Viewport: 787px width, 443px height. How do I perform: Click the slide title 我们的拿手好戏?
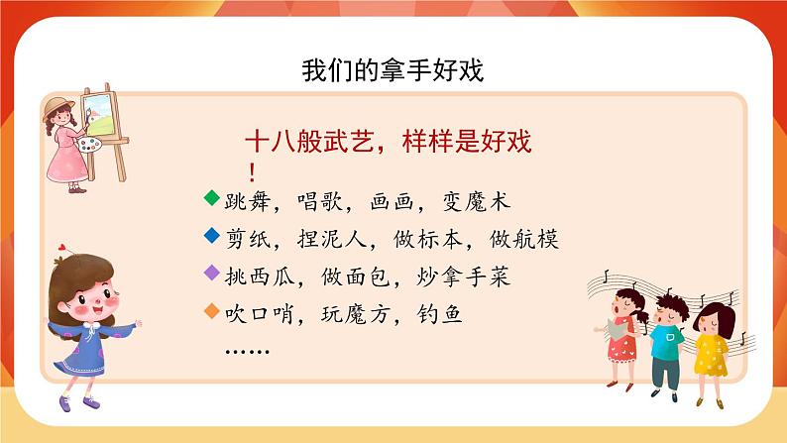[393, 71]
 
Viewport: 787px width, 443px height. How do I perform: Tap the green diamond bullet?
[210, 198]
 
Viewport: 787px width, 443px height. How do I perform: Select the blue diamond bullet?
[210, 236]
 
